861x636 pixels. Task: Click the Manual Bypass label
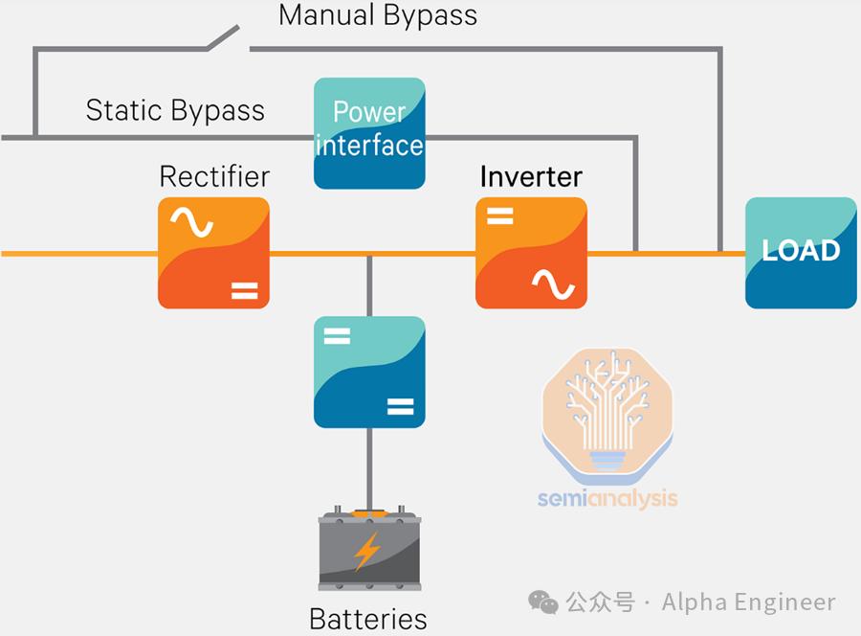(377, 15)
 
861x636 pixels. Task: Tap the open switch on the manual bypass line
(226, 38)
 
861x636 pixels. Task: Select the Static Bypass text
(175, 110)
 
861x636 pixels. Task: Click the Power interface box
(369, 133)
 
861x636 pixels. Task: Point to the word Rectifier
(214, 176)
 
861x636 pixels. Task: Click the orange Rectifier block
(213, 253)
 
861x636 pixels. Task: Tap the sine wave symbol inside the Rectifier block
(191, 223)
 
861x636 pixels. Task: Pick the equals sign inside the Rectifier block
(244, 289)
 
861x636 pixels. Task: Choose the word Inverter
(531, 176)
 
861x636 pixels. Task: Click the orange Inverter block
(531, 253)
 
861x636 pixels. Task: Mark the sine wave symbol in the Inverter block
(554, 284)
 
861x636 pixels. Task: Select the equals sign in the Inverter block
(500, 216)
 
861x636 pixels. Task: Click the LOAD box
(801, 253)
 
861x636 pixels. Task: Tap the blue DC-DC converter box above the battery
(369, 372)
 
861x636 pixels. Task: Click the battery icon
(368, 550)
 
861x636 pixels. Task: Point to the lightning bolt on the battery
(367, 552)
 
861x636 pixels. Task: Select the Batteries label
(368, 619)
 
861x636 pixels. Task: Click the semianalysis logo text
(607, 498)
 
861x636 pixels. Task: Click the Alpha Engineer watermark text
(749, 602)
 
